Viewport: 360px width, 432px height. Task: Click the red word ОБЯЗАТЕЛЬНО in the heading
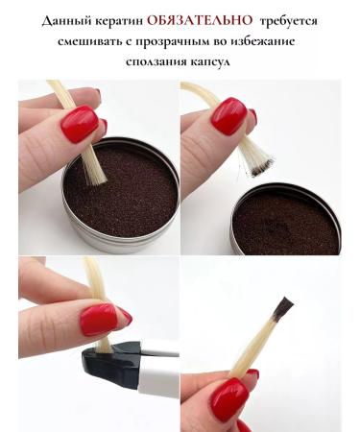[x=196, y=19]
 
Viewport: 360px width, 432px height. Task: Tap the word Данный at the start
[x=64, y=19]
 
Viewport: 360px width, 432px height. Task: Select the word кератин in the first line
[x=119, y=19]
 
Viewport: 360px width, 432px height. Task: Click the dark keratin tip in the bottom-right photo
[x=282, y=309]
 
